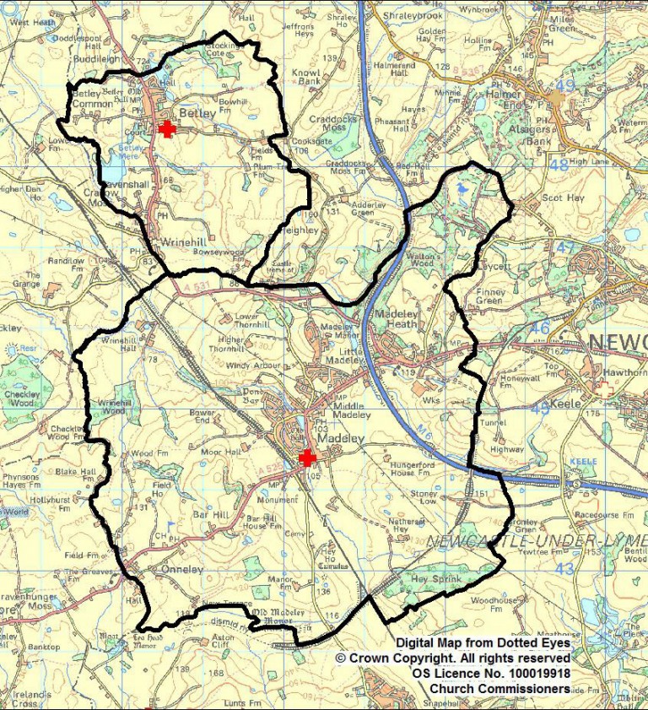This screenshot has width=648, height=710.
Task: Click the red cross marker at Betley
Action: (168, 128)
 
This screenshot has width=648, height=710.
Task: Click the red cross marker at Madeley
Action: (308, 457)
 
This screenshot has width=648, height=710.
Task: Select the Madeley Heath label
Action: (396, 318)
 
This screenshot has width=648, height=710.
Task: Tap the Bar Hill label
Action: (210, 512)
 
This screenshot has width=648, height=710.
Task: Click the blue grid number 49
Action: (564, 86)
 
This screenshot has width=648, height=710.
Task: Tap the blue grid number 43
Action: (564, 569)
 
